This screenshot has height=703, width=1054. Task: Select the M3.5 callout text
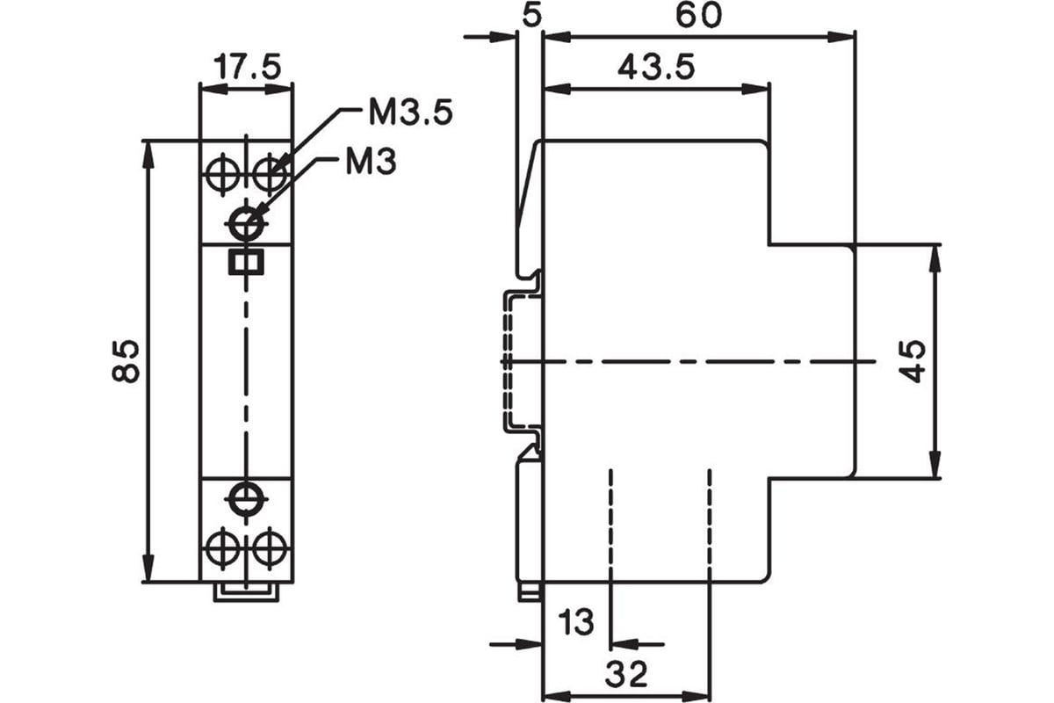[411, 112]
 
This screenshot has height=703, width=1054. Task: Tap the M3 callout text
[371, 162]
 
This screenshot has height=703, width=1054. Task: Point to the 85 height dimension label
[125, 360]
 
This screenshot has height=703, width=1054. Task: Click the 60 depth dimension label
[698, 15]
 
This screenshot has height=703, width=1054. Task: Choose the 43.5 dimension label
[656, 67]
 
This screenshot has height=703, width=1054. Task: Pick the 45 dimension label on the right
[913, 361]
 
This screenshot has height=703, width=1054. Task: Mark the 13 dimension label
[576, 621]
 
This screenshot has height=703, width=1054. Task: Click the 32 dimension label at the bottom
[625, 673]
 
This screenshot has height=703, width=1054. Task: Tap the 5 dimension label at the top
[532, 15]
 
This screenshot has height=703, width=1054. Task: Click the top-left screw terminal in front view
[223, 175]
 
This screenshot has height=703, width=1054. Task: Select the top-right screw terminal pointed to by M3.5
[270, 175]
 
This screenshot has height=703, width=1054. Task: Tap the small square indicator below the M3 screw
[246, 262]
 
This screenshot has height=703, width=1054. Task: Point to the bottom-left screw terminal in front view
[223, 548]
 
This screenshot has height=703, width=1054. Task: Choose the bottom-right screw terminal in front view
[270, 548]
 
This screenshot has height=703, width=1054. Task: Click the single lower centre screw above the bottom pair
[247, 498]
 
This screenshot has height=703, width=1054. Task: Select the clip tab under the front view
[246, 592]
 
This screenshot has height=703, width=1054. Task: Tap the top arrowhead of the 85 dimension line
[148, 154]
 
